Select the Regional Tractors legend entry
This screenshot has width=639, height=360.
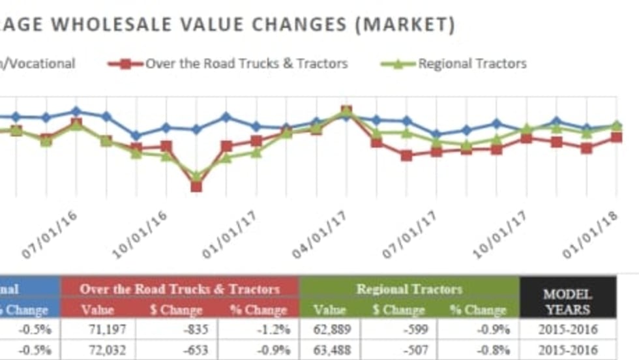click(472, 64)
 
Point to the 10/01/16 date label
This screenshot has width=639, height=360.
click(141, 235)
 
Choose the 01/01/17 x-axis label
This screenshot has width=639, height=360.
click(230, 235)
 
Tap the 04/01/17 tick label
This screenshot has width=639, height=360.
click(320, 235)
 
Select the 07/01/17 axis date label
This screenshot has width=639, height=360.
click(409, 235)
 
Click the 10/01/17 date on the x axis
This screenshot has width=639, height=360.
click(500, 235)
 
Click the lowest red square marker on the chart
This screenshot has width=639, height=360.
click(196, 187)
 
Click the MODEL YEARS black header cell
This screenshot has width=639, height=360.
click(567, 302)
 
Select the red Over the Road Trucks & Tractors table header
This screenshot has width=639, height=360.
click(179, 289)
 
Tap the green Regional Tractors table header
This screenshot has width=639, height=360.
click(409, 289)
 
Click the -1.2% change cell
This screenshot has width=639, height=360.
click(267, 329)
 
